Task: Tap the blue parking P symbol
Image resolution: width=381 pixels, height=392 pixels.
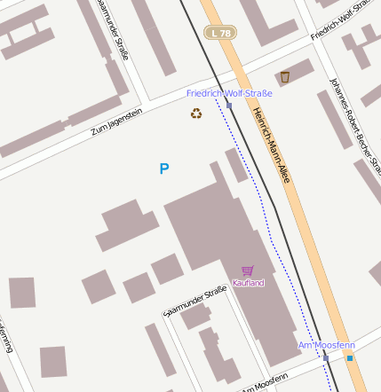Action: pyautogui.click(x=163, y=169)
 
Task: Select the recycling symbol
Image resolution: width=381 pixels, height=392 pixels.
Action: pyautogui.click(x=196, y=114)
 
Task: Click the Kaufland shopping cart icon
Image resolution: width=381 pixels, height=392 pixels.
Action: pyautogui.click(x=248, y=270)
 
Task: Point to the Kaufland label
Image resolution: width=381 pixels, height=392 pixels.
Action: pyautogui.click(x=248, y=283)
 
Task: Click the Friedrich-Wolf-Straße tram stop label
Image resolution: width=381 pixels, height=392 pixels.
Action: pyautogui.click(x=229, y=93)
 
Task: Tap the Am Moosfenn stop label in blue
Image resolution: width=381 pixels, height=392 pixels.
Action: pyautogui.click(x=327, y=345)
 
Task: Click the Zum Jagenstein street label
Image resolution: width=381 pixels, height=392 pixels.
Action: pyautogui.click(x=116, y=122)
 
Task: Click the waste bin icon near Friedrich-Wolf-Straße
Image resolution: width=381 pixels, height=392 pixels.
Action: pyautogui.click(x=285, y=77)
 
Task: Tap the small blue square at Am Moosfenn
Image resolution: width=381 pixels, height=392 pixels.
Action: pyautogui.click(x=350, y=358)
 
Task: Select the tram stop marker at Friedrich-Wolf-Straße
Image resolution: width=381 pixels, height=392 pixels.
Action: pyautogui.click(x=229, y=106)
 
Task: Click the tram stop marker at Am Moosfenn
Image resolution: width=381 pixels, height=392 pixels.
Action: pyautogui.click(x=326, y=357)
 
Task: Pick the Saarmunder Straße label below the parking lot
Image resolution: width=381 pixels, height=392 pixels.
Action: pyautogui.click(x=196, y=302)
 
